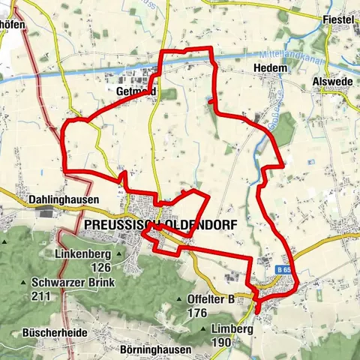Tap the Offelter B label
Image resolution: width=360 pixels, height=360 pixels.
[213, 299]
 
